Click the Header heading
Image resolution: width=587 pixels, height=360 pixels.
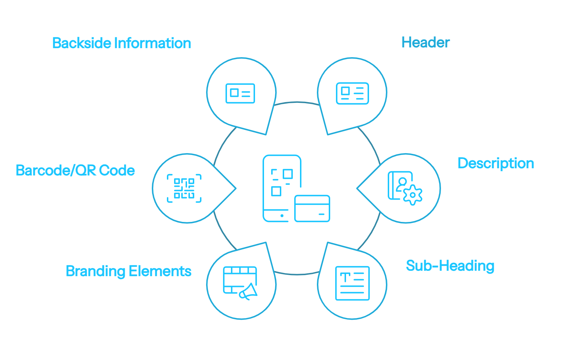[426, 43]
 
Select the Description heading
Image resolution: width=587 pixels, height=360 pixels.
[496, 163]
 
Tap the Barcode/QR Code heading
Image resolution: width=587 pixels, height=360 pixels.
[75, 170]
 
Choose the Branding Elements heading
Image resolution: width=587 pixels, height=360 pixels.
[128, 271]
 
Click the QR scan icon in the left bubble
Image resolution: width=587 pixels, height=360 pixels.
[184, 188]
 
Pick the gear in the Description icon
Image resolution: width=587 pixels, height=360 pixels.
[413, 195]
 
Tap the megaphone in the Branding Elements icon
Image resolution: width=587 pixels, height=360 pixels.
[249, 291]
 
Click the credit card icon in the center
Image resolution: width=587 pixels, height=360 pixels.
[312, 209]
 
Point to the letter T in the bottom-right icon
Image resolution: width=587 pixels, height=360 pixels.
[345, 277]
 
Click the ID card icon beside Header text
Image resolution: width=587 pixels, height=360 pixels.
[352, 93]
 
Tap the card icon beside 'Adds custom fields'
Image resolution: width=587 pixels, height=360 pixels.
[240, 93]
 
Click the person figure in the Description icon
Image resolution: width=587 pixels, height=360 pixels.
[402, 184]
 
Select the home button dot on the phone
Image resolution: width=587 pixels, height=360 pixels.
[282, 216]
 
